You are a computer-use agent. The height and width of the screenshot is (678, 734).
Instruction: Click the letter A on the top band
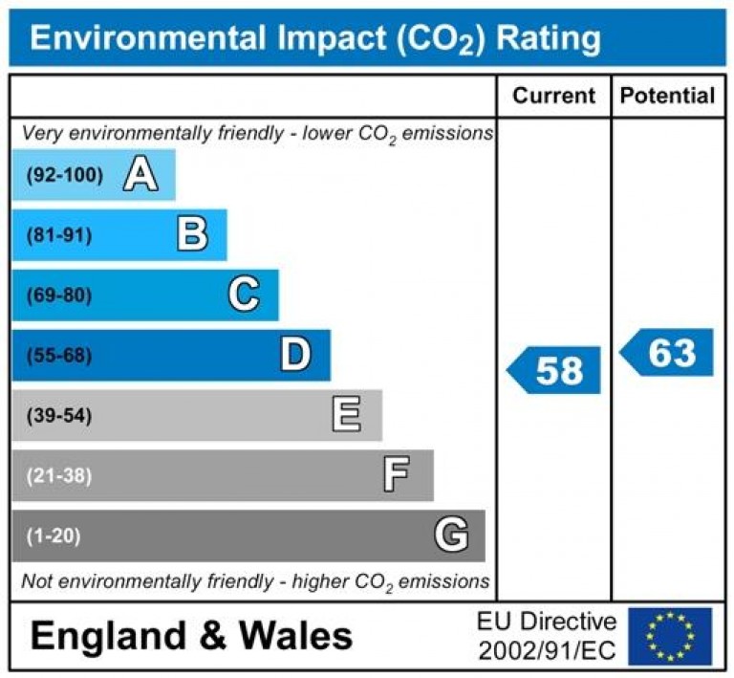(x=140, y=175)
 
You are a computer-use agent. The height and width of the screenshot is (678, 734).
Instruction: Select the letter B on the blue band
(x=192, y=234)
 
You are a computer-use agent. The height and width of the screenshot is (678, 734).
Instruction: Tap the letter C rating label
(x=244, y=295)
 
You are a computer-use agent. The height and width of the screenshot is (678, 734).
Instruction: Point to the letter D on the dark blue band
(x=295, y=355)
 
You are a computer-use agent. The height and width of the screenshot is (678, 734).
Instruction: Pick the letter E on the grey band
(x=346, y=415)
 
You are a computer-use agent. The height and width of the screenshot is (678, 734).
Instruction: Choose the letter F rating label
(x=397, y=474)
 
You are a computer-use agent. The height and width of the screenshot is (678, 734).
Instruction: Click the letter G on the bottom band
(x=451, y=535)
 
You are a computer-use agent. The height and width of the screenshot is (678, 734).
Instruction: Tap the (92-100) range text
(x=65, y=175)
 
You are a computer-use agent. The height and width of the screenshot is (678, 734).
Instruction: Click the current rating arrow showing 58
(x=554, y=370)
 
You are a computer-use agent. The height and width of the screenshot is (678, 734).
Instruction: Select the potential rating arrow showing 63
(x=668, y=353)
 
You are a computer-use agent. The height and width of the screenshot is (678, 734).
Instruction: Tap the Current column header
(x=553, y=96)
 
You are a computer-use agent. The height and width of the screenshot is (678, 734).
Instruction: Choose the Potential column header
(x=667, y=96)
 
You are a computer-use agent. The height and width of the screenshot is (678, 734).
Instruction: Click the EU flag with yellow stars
(x=669, y=636)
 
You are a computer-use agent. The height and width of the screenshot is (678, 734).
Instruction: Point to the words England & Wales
(x=191, y=636)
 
